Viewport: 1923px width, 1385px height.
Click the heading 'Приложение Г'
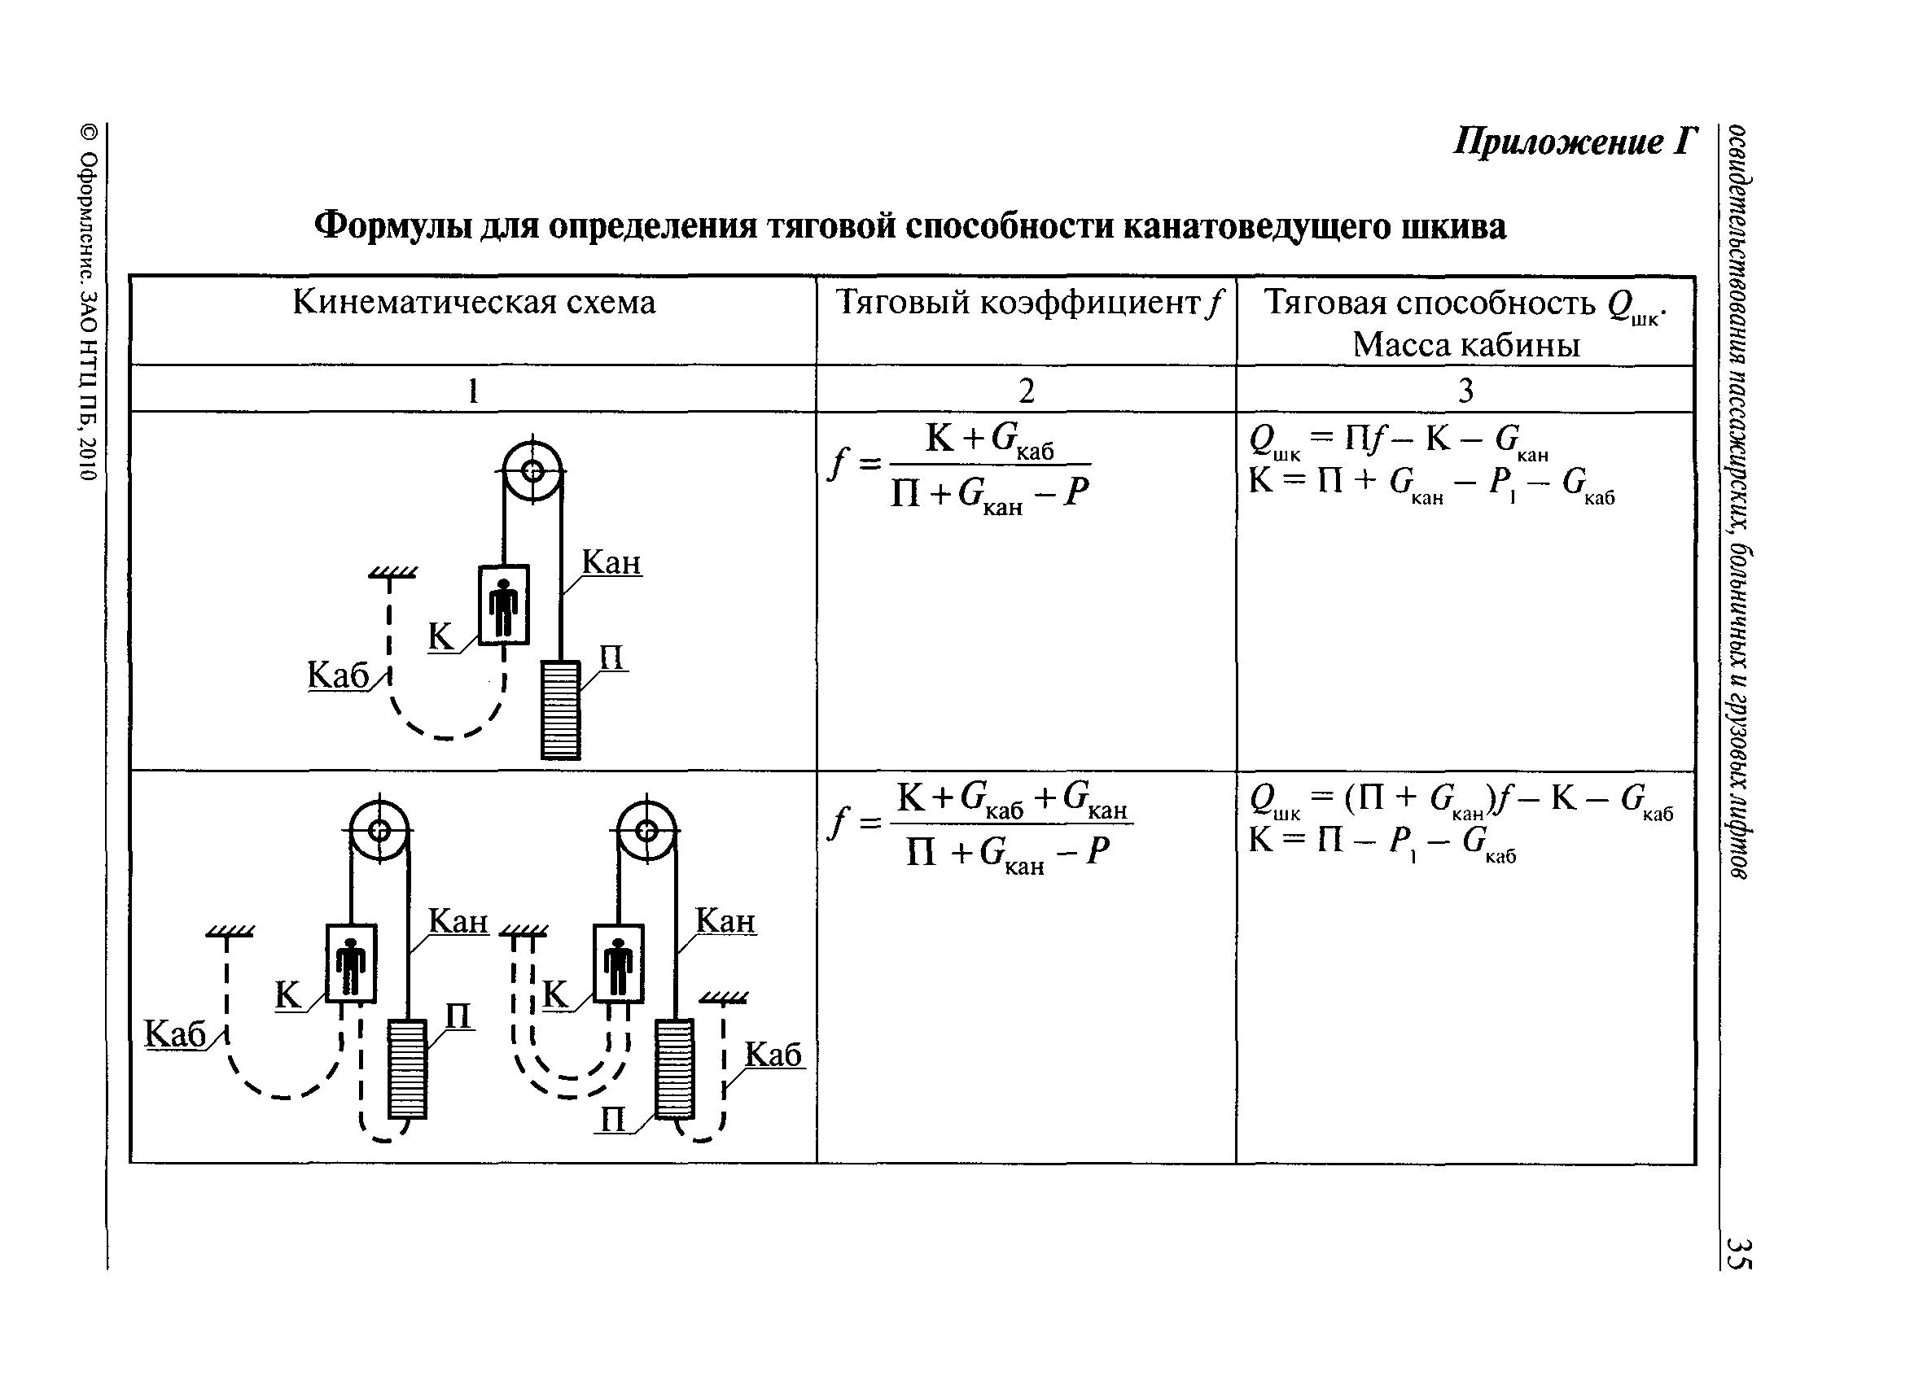tap(1575, 142)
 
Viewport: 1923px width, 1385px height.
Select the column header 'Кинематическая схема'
tap(474, 302)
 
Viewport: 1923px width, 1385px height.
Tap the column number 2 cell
tap(1026, 390)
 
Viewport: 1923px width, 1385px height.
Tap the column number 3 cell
tap(1465, 390)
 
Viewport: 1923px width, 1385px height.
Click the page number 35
tap(1738, 1253)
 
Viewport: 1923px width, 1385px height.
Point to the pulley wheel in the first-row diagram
tap(532, 470)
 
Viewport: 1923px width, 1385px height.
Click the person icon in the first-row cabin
tap(505, 606)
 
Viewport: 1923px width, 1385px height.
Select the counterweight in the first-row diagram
tap(560, 710)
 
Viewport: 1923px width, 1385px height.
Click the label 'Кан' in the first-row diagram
tap(611, 563)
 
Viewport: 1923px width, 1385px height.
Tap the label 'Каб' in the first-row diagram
tap(339, 675)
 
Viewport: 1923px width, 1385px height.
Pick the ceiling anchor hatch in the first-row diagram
tap(392, 574)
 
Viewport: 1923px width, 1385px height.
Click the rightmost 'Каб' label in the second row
tap(773, 1055)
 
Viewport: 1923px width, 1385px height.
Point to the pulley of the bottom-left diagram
tap(379, 830)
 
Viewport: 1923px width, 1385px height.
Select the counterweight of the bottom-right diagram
tap(675, 1068)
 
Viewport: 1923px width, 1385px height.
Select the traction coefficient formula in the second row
tap(979, 826)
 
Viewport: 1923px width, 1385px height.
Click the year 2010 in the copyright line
tap(89, 457)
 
